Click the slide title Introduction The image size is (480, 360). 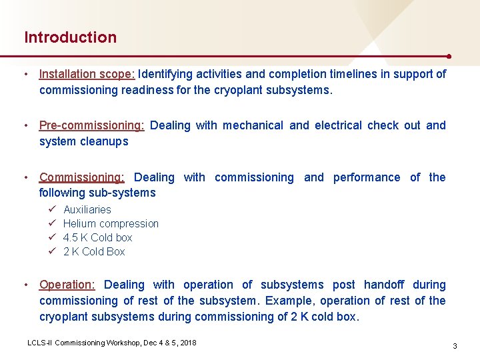pyautogui.click(x=70, y=37)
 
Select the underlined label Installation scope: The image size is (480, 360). pyautogui.click(x=87, y=74)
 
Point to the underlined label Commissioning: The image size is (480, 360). pyautogui.click(x=81, y=177)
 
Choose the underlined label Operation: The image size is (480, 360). pyautogui.click(x=67, y=285)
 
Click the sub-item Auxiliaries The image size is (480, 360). pyautogui.click(x=87, y=209)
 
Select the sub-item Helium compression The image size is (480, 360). pyautogui.click(x=111, y=223)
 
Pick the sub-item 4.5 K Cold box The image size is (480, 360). pyautogui.click(x=97, y=237)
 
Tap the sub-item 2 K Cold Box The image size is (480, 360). pyautogui.click(x=94, y=251)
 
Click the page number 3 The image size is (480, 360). pyautogui.click(x=454, y=346)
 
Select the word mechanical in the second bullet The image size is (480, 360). pyautogui.click(x=253, y=125)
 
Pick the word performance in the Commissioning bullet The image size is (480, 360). pyautogui.click(x=367, y=177)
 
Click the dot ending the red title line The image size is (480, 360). pyautogui.click(x=450, y=56)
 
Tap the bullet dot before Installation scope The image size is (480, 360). pyautogui.click(x=25, y=74)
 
